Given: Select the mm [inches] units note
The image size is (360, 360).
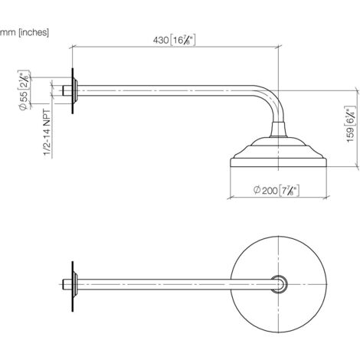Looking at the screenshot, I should (25, 33).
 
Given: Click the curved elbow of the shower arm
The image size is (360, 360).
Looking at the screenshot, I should (272, 103).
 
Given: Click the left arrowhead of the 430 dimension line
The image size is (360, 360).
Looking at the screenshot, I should (74, 47).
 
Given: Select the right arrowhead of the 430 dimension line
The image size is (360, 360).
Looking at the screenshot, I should (279, 47).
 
